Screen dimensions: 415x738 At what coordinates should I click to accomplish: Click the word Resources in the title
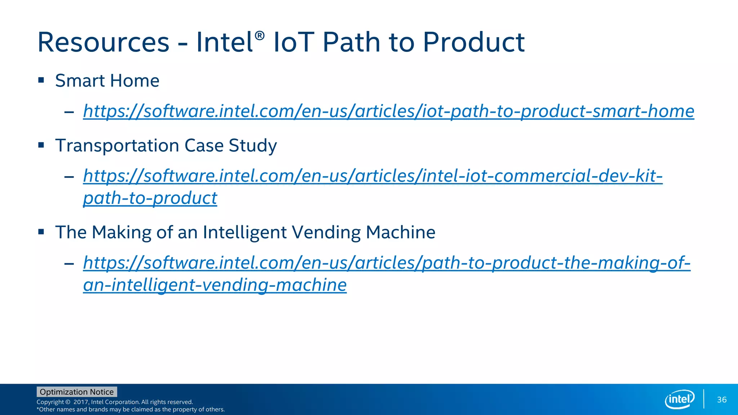[103, 43]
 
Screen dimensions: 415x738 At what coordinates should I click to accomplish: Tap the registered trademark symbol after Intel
[259, 36]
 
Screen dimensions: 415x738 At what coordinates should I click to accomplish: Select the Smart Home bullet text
[107, 81]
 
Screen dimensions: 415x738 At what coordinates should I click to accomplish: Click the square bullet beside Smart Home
[41, 80]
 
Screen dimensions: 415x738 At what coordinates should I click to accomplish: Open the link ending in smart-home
[388, 111]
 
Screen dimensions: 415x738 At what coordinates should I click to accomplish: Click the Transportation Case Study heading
[166, 146]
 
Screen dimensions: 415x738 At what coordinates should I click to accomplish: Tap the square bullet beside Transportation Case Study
[41, 145]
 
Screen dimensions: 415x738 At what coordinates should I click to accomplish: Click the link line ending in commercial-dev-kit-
[373, 176]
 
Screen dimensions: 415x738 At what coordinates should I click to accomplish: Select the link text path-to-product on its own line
[150, 198]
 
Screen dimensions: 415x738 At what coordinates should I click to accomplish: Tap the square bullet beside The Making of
[41, 232]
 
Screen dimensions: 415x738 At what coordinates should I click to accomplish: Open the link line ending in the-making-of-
[387, 263]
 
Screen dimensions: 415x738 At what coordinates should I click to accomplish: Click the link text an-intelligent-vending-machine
[215, 285]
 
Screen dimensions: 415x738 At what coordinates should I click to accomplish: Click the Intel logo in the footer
[679, 399]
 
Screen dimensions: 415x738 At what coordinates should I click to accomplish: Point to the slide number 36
[721, 400]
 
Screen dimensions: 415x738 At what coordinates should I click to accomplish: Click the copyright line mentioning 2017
[115, 402]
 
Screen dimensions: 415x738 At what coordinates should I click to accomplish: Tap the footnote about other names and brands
[130, 410]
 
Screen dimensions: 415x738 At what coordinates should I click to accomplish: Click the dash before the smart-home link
[69, 112]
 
